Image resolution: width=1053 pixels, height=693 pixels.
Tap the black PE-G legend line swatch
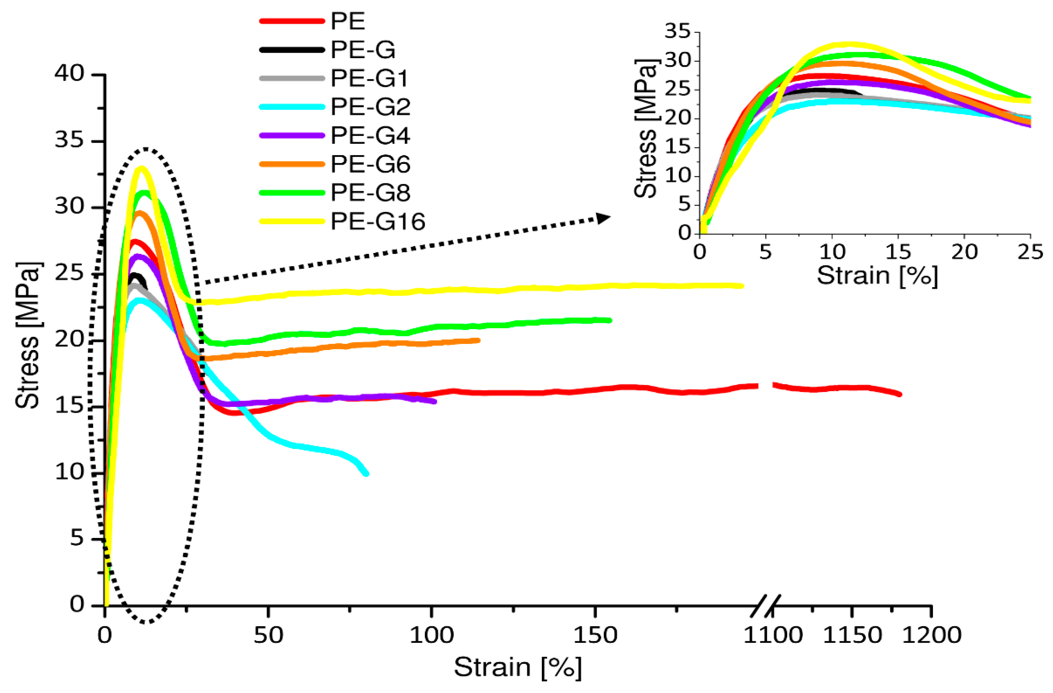click(x=292, y=49)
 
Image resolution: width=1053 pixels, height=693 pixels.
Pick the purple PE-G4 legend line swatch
click(x=292, y=136)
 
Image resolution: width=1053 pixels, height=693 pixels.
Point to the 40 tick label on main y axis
click(x=69, y=74)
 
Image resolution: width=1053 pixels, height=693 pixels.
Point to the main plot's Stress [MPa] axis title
click(x=27, y=335)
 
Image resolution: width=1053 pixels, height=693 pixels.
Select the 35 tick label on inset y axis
click(x=677, y=31)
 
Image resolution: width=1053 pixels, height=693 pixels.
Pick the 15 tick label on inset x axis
click(x=898, y=252)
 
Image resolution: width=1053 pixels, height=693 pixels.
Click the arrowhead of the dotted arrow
click(x=604, y=218)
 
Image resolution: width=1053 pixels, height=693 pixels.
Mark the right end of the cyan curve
click(x=366, y=473)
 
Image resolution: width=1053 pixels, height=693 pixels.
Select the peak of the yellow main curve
click(x=142, y=168)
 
